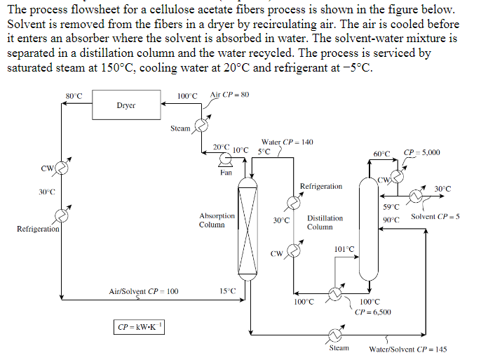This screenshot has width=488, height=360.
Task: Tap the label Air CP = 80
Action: pyautogui.click(x=229, y=95)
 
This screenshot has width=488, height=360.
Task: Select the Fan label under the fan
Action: pyautogui.click(x=225, y=172)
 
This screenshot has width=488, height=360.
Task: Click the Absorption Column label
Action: pyautogui.click(x=217, y=220)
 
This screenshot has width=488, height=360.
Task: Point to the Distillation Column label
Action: pyautogui.click(x=325, y=222)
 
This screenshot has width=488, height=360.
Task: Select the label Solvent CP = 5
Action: pyautogui.click(x=435, y=216)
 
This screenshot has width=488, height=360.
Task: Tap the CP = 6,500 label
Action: pyautogui.click(x=373, y=312)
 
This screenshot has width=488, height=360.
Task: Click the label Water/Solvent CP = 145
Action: pyautogui.click(x=407, y=349)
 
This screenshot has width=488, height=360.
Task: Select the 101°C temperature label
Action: pyautogui.click(x=344, y=249)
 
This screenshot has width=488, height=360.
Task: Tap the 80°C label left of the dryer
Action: pyautogui.click(x=74, y=95)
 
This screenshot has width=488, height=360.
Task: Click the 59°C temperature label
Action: pyautogui.click(x=391, y=206)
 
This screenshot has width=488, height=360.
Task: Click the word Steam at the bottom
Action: pyautogui.click(x=339, y=347)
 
